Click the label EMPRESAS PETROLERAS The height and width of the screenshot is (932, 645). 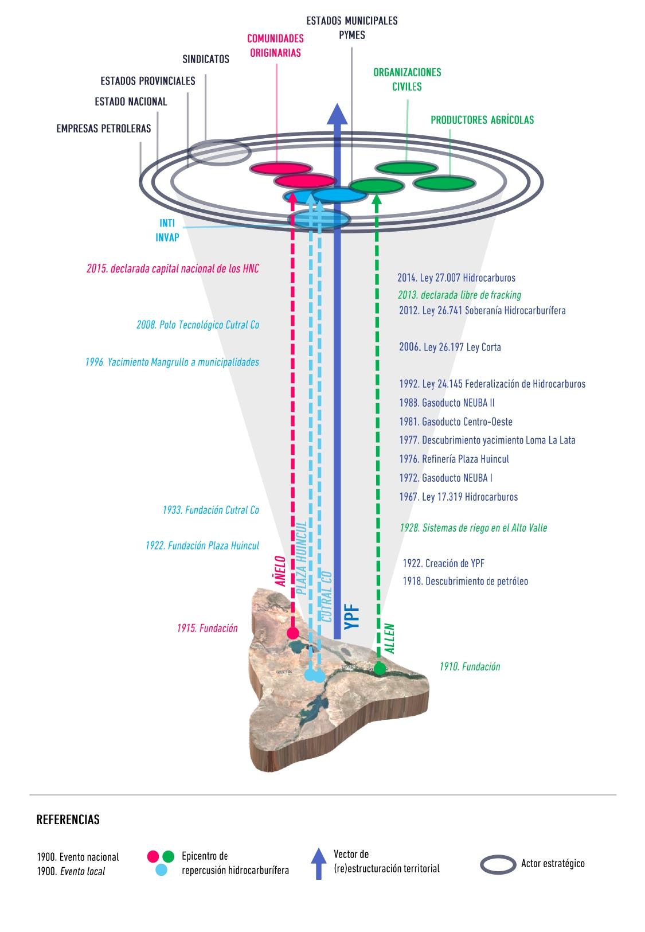[x=104, y=128]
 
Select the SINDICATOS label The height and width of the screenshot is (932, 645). [x=206, y=59]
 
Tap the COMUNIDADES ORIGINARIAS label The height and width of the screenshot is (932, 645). [x=275, y=45]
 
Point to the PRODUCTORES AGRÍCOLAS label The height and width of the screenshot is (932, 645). [x=482, y=120]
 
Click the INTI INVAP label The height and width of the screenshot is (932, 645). [x=167, y=230]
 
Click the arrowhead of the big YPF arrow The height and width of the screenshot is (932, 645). [x=337, y=114]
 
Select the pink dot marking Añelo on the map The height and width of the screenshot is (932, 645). [x=293, y=633]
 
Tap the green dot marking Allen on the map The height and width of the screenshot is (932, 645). [x=380, y=668]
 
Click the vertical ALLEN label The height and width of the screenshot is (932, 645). [x=390, y=638]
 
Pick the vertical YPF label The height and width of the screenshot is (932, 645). [x=354, y=616]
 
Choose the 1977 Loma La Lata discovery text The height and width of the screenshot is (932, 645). [x=487, y=440]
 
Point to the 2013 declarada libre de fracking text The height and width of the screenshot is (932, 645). [x=459, y=295]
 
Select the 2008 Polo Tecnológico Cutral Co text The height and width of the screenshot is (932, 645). [x=198, y=325]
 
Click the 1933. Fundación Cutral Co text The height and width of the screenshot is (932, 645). [x=210, y=510]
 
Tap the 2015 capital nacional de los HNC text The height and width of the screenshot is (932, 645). [x=173, y=268]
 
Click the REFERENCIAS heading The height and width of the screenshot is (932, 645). [x=68, y=820]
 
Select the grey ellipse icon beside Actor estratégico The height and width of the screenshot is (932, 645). [x=498, y=864]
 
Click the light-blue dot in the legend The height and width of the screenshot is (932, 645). [x=162, y=870]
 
